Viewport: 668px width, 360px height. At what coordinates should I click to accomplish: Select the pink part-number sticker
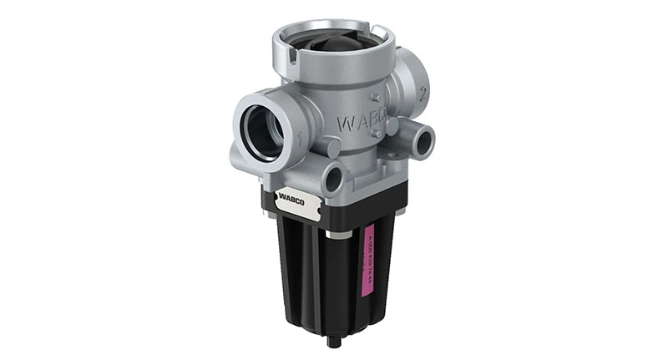tap(364, 258)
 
